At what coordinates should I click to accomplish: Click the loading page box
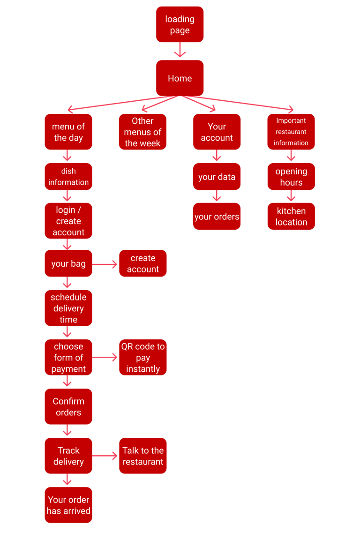click(x=180, y=24)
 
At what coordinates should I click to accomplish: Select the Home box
click(x=180, y=78)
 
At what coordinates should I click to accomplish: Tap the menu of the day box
click(x=68, y=132)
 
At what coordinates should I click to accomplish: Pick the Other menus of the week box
click(x=142, y=132)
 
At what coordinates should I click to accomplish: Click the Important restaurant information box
click(x=291, y=132)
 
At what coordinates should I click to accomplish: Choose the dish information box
click(x=68, y=176)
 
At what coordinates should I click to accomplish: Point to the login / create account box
click(x=68, y=221)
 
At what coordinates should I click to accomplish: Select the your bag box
click(x=68, y=263)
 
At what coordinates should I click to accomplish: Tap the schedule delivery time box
click(x=68, y=308)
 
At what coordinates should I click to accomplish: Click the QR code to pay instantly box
click(x=142, y=357)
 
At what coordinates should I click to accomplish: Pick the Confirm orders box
click(x=68, y=406)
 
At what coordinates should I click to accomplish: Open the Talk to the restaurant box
click(x=142, y=456)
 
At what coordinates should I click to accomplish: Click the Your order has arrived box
click(x=68, y=505)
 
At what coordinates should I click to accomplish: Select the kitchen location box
click(x=291, y=216)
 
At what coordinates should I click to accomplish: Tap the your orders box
click(x=217, y=216)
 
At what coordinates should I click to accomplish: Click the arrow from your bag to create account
click(x=105, y=264)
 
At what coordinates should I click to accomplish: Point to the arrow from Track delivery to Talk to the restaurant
click(x=105, y=456)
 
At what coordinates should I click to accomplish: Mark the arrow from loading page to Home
click(x=180, y=51)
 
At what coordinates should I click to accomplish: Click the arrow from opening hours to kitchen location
click(x=291, y=196)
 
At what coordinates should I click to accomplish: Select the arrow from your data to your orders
click(x=217, y=196)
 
